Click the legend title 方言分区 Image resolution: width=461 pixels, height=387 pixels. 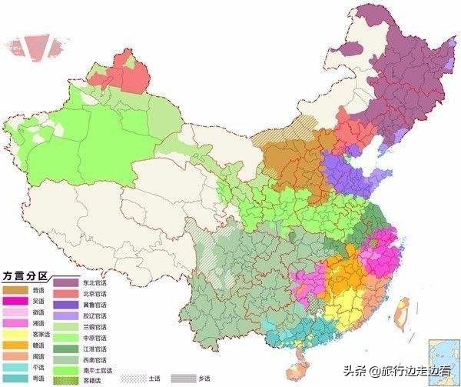click(26, 275)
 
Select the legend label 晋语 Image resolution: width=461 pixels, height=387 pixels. click(38, 290)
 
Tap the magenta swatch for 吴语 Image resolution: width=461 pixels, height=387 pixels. click(15, 301)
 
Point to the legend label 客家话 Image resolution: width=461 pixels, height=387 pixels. click(40, 335)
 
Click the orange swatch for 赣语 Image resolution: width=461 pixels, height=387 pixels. click(15, 345)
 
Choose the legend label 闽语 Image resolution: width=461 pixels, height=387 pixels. click(38, 357)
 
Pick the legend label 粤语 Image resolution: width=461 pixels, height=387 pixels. click(38, 379)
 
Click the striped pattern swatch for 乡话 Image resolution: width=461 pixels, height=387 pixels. click(182, 378)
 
